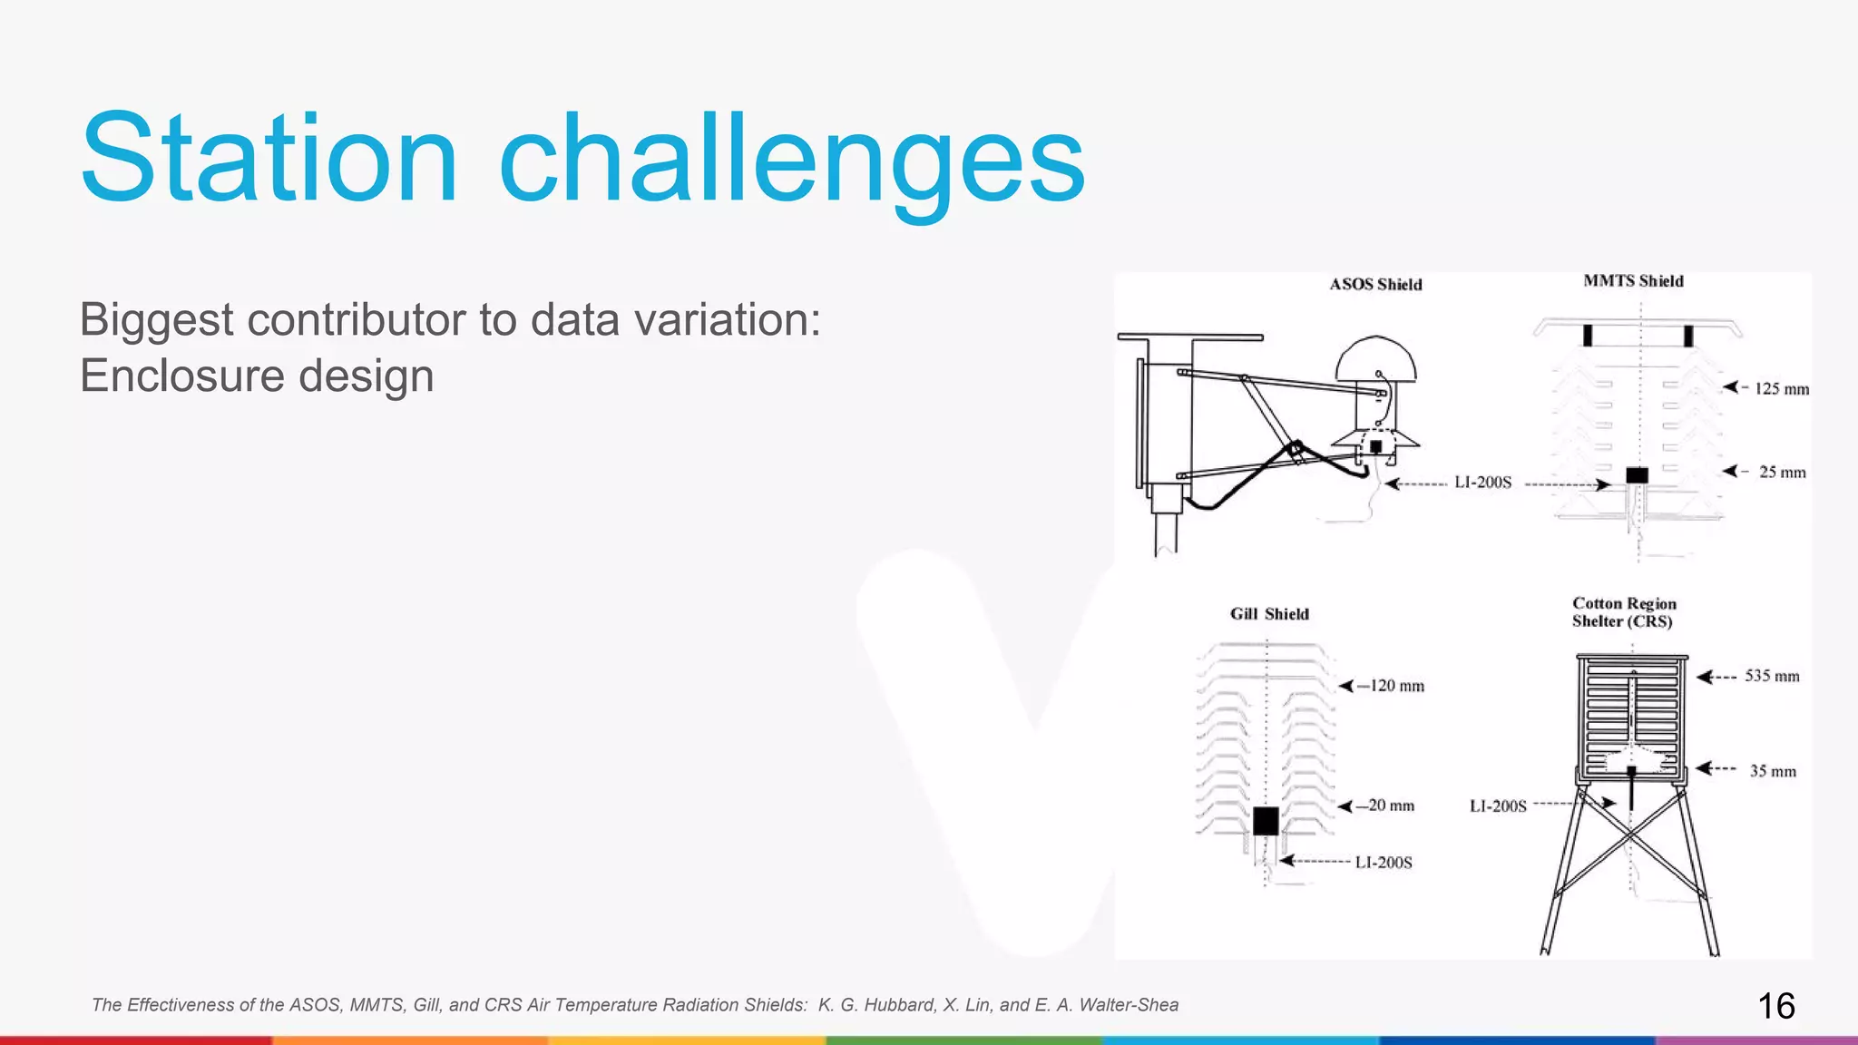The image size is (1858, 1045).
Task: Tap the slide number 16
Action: coord(1775,1006)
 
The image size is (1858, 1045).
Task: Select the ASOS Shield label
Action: coord(1375,284)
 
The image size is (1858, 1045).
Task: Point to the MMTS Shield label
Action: coord(1633,281)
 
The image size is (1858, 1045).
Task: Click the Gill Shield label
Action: coord(1269,614)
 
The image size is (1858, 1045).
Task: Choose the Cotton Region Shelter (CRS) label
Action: coord(1624,612)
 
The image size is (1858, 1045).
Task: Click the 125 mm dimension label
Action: coord(1781,389)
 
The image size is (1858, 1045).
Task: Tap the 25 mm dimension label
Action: coord(1782,473)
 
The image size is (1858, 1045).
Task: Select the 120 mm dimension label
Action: coord(1396,686)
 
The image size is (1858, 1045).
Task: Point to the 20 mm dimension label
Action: coord(1391,806)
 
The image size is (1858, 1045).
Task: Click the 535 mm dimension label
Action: coord(1772,676)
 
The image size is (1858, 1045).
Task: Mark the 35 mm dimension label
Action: coord(1773,771)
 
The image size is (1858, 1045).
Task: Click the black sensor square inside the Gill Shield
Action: coord(1266,821)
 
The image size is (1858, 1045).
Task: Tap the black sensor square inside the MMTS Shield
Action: coord(1637,475)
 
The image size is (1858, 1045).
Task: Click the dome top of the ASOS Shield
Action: coord(1375,359)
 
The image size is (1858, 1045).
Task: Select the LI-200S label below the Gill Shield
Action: coord(1384,863)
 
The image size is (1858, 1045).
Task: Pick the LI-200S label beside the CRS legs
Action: coord(1498,806)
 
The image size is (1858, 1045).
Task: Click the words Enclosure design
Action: coord(257,376)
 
